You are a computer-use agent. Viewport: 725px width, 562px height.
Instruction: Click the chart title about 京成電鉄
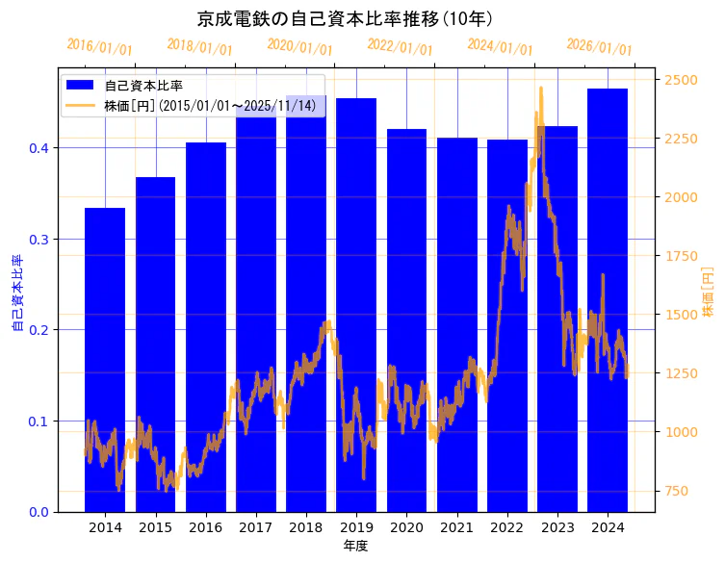pyautogui.click(x=346, y=18)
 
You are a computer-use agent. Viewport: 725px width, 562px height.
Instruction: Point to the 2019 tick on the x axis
pyautogui.click(x=356, y=527)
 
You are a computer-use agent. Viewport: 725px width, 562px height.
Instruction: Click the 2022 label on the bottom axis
pyautogui.click(x=506, y=527)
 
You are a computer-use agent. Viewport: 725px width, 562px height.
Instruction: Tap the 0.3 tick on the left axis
pyautogui.click(x=39, y=239)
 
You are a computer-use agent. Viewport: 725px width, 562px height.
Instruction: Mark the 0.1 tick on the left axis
pyautogui.click(x=39, y=421)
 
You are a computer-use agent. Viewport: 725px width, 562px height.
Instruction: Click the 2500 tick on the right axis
pyautogui.click(x=680, y=79)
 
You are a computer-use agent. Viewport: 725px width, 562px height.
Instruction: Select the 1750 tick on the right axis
pyautogui.click(x=680, y=256)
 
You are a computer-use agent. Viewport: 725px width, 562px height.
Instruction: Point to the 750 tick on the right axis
pyautogui.click(x=677, y=492)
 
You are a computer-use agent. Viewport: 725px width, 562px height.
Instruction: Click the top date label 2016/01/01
pyautogui.click(x=99, y=47)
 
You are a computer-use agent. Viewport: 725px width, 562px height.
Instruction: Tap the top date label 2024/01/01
pyautogui.click(x=500, y=47)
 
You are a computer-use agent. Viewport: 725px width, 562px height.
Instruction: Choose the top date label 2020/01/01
pyautogui.click(x=299, y=47)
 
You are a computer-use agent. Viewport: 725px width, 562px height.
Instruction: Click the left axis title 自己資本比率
pyautogui.click(x=16, y=293)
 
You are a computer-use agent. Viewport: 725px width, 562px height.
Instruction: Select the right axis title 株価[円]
pyautogui.click(x=709, y=293)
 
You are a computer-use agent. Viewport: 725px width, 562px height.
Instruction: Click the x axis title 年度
pyautogui.click(x=355, y=546)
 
